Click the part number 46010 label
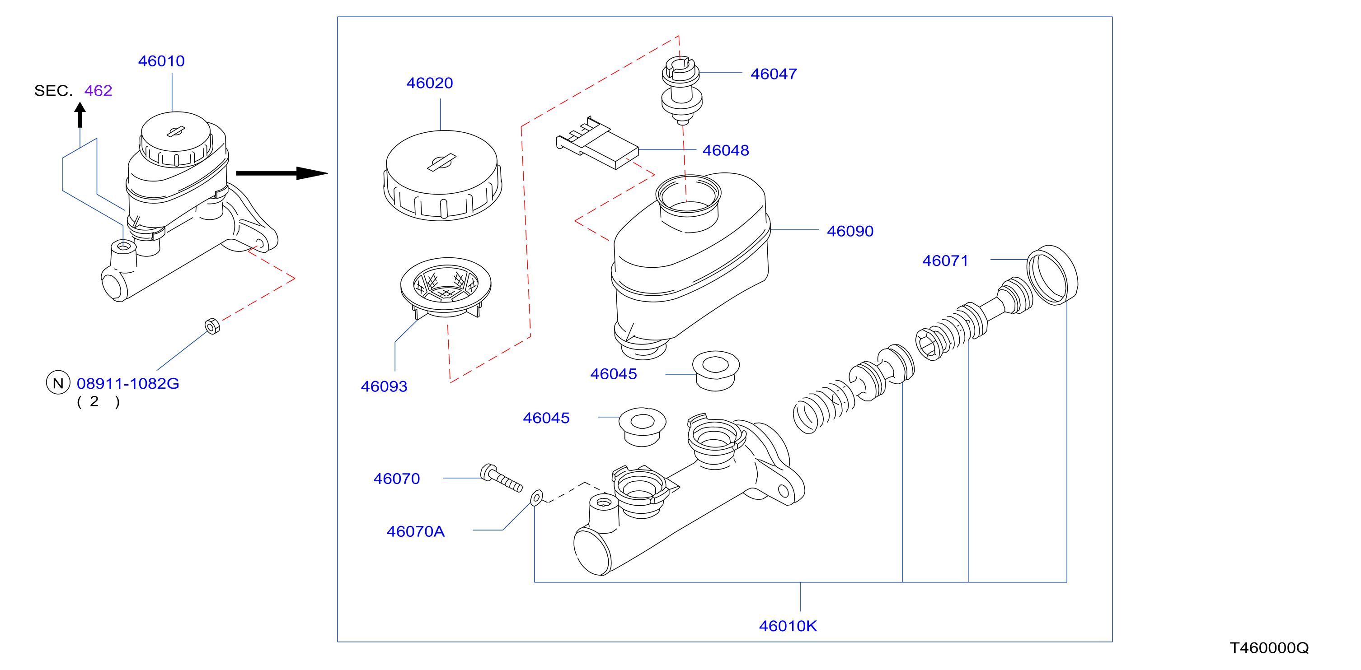pos(161,61)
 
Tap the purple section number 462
pos(98,91)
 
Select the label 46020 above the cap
pos(430,83)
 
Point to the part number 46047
pos(774,74)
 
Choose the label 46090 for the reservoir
pos(850,231)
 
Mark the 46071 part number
pos(945,261)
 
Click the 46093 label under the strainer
pos(384,386)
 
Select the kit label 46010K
pos(788,626)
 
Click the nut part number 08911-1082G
pos(128,383)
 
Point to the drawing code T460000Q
pos(1269,648)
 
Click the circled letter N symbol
pos(58,383)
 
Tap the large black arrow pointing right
pos(282,173)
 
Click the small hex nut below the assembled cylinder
pos(212,326)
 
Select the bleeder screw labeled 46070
pos(501,478)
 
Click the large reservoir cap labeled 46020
pos(442,175)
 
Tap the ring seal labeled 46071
pos(1052,275)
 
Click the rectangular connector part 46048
pos(597,144)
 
